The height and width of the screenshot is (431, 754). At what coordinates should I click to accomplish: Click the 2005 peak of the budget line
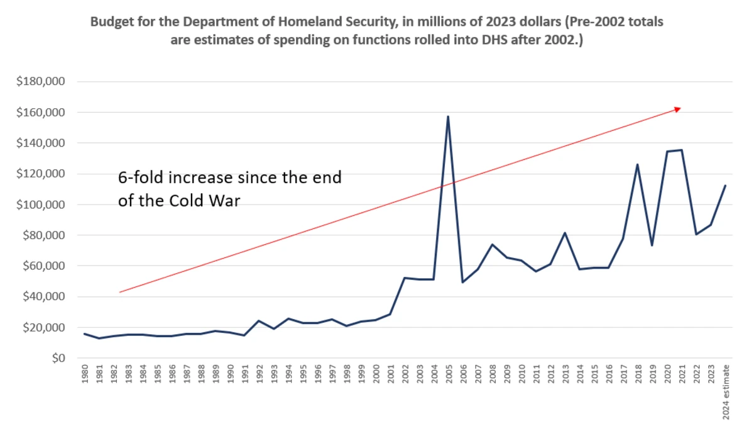coord(448,116)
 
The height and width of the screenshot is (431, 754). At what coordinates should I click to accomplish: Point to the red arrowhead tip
coord(680,108)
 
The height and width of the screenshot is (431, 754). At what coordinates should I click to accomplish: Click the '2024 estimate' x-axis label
coord(726,390)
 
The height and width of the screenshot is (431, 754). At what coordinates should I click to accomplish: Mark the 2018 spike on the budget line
coord(638,164)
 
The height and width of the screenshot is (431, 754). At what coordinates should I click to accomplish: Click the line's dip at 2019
coord(652,245)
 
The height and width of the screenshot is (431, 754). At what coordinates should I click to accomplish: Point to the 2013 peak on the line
coord(564,233)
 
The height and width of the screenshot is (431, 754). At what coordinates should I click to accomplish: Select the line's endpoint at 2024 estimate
coord(726,186)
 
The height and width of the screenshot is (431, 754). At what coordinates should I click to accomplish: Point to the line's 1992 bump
coord(259,321)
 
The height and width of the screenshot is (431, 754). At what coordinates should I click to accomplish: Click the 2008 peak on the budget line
coord(492,244)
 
